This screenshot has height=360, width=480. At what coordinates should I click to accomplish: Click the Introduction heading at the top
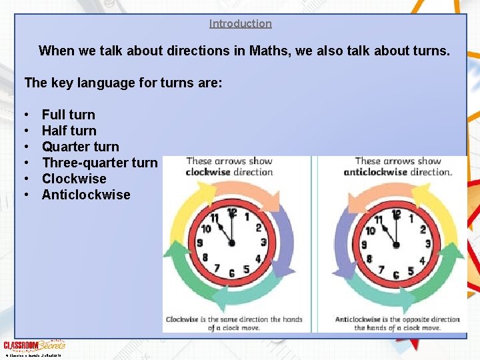click(240, 23)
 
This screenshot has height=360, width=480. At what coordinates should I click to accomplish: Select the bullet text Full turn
click(68, 115)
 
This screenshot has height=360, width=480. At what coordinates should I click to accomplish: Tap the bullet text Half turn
click(69, 131)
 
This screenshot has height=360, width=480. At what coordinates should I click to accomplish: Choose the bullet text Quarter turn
click(80, 147)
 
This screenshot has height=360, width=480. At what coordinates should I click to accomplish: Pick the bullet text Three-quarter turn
click(99, 163)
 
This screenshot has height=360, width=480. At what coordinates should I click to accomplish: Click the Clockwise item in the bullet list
click(74, 179)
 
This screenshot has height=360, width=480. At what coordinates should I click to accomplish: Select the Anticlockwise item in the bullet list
click(86, 195)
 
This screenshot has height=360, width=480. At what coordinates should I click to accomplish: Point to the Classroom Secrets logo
click(34, 345)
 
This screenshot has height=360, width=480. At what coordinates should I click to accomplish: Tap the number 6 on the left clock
click(231, 274)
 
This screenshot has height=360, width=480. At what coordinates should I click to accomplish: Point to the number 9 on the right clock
click(364, 245)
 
